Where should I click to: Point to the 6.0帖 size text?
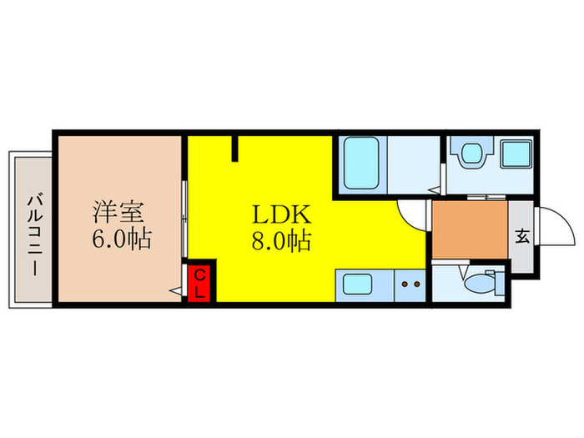pos(121,240)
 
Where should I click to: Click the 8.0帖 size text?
pos(281,242)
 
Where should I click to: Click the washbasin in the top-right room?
pos(471,154)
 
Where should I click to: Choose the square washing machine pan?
pos(516,154)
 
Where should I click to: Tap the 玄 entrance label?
pos(521,237)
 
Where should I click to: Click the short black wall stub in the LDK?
pos(236,147)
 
